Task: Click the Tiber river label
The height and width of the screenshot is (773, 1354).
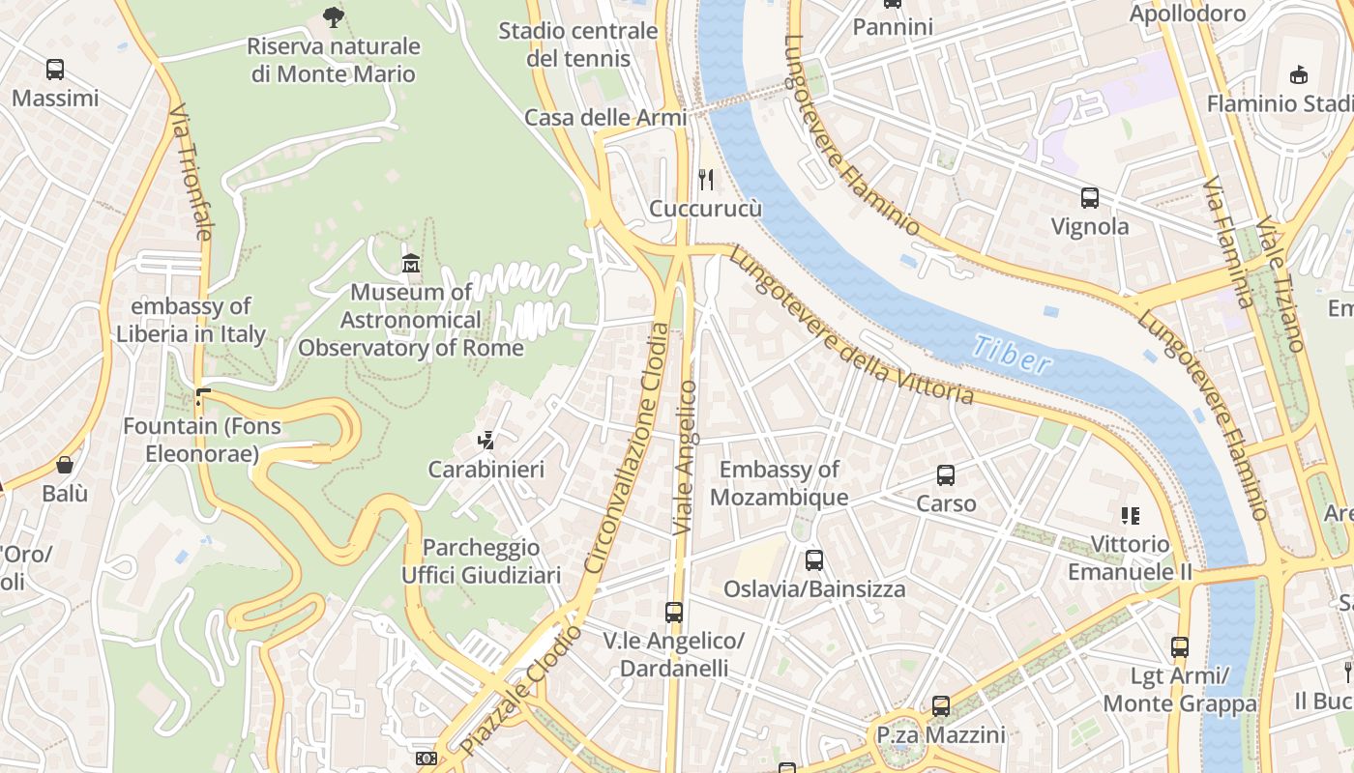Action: click(1012, 355)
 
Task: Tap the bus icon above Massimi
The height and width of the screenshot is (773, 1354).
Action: click(55, 70)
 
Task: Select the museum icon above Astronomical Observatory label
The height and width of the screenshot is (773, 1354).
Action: click(411, 263)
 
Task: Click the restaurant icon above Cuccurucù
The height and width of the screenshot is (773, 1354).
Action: click(707, 179)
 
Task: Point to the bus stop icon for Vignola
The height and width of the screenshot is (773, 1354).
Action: click(1090, 198)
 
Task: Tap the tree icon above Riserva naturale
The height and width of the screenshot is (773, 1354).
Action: click(333, 16)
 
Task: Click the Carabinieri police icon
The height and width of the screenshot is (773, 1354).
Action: click(486, 441)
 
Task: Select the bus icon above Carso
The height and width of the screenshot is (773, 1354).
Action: click(946, 475)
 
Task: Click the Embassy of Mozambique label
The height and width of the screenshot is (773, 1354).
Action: click(780, 483)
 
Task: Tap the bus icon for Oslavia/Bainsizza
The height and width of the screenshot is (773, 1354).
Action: click(814, 560)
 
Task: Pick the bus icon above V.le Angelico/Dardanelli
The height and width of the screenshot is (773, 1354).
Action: click(674, 613)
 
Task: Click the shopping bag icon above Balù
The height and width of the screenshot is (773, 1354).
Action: click(65, 465)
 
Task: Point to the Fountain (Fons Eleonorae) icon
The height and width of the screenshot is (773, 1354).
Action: click(202, 396)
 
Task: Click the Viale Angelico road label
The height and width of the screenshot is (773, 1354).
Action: click(685, 458)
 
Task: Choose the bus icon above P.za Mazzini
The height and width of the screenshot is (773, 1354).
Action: click(941, 706)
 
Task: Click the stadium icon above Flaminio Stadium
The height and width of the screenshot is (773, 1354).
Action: click(1298, 74)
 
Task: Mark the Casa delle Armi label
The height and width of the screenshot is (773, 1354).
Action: click(605, 117)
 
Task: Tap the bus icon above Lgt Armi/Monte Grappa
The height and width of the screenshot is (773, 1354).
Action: click(1180, 647)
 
